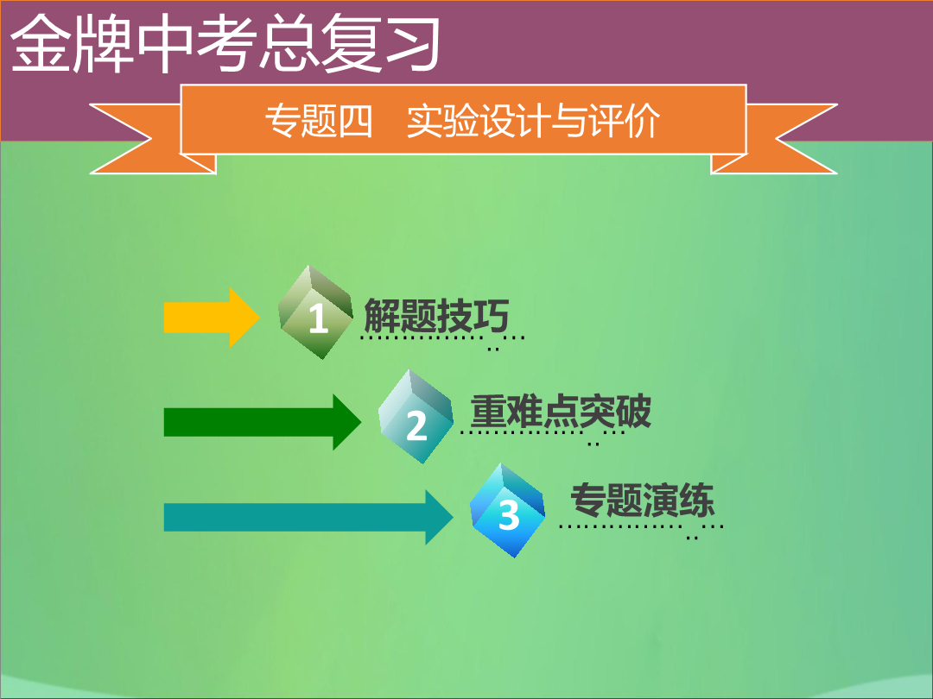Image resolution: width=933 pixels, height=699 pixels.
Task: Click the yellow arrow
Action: tap(212, 318)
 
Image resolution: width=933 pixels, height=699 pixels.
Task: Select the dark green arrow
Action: tap(263, 422)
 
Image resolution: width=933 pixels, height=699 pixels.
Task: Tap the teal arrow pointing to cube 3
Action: tap(308, 517)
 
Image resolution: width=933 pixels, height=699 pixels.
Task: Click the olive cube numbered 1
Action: tap(315, 312)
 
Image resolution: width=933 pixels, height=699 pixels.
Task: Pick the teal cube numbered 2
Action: tap(416, 417)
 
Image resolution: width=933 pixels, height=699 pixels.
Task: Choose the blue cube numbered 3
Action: tap(508, 511)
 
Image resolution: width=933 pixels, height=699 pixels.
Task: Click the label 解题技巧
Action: tap(436, 316)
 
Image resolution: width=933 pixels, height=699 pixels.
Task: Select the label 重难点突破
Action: tap(562, 412)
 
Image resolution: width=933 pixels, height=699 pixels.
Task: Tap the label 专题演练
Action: tap(643, 500)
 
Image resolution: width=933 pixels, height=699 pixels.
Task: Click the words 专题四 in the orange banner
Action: tap(319, 121)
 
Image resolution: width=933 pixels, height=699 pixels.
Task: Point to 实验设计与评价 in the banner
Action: tap(533, 121)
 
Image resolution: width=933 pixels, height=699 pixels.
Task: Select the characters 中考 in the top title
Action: tap(197, 43)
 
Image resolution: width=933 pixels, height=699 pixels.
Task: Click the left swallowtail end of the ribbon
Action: tap(136, 139)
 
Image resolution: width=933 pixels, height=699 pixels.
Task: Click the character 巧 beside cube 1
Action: tap(492, 316)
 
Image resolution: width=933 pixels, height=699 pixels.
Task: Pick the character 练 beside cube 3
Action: tap(697, 500)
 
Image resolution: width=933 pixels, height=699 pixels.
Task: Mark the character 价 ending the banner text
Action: tap(643, 121)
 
